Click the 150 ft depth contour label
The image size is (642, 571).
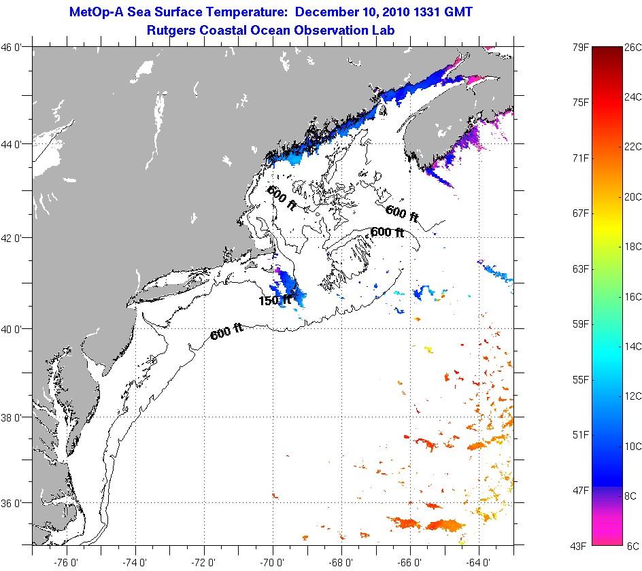[x=275, y=300]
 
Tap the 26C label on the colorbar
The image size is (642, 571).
[x=632, y=48]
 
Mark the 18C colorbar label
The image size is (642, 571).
[x=632, y=247]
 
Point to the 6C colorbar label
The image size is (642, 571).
[x=632, y=545]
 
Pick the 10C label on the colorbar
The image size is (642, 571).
[x=632, y=446]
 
